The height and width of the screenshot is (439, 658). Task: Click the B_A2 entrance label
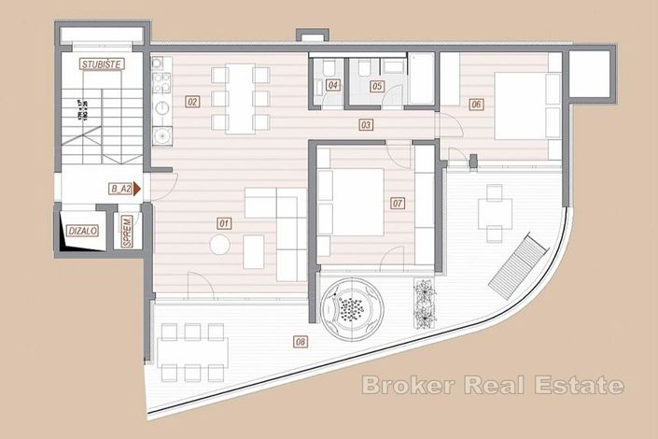click(119, 189)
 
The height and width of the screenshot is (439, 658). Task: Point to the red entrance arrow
click(136, 189)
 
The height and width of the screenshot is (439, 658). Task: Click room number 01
click(224, 223)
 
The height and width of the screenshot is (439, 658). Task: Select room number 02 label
click(192, 101)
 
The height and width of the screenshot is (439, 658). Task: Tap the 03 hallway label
click(365, 124)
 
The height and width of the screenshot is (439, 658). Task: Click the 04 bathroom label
click(333, 87)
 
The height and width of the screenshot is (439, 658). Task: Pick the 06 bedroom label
click(476, 105)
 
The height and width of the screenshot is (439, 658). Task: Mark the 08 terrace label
click(300, 342)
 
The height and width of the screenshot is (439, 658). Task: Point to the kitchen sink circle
click(164, 134)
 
